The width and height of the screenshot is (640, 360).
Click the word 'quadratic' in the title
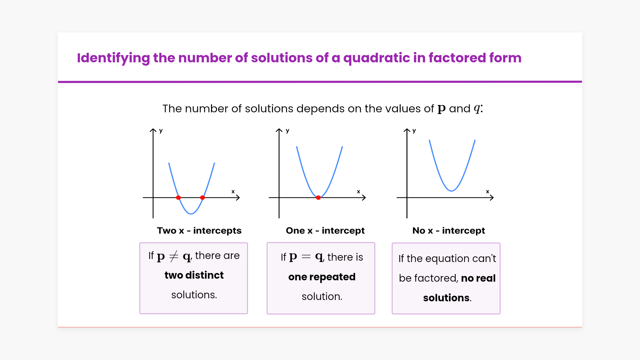click(376, 58)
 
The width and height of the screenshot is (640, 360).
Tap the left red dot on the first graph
click(178, 198)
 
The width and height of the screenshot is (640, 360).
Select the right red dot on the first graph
click(202, 198)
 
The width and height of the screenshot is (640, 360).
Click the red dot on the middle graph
click(318, 198)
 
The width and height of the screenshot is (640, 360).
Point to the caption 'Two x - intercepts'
click(199, 230)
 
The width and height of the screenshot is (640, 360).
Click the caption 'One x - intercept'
click(325, 230)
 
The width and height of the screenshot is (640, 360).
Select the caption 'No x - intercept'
click(449, 230)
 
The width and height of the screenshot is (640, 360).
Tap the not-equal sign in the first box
click(174, 256)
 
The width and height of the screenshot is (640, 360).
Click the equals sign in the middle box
click(306, 257)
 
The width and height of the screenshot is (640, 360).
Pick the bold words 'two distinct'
click(194, 275)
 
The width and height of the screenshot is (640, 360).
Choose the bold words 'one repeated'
click(322, 277)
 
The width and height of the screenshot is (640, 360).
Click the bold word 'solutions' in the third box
click(446, 298)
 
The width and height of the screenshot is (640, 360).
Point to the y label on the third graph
click(414, 131)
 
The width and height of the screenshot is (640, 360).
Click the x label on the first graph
click(233, 192)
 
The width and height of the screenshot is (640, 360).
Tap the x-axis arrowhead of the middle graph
click(364, 198)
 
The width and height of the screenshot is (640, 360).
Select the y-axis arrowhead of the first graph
click(153, 130)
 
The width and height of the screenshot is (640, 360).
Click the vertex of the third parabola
click(451, 191)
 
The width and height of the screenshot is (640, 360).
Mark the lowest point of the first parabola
click(191, 214)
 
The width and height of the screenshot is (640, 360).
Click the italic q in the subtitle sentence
click(477, 109)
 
